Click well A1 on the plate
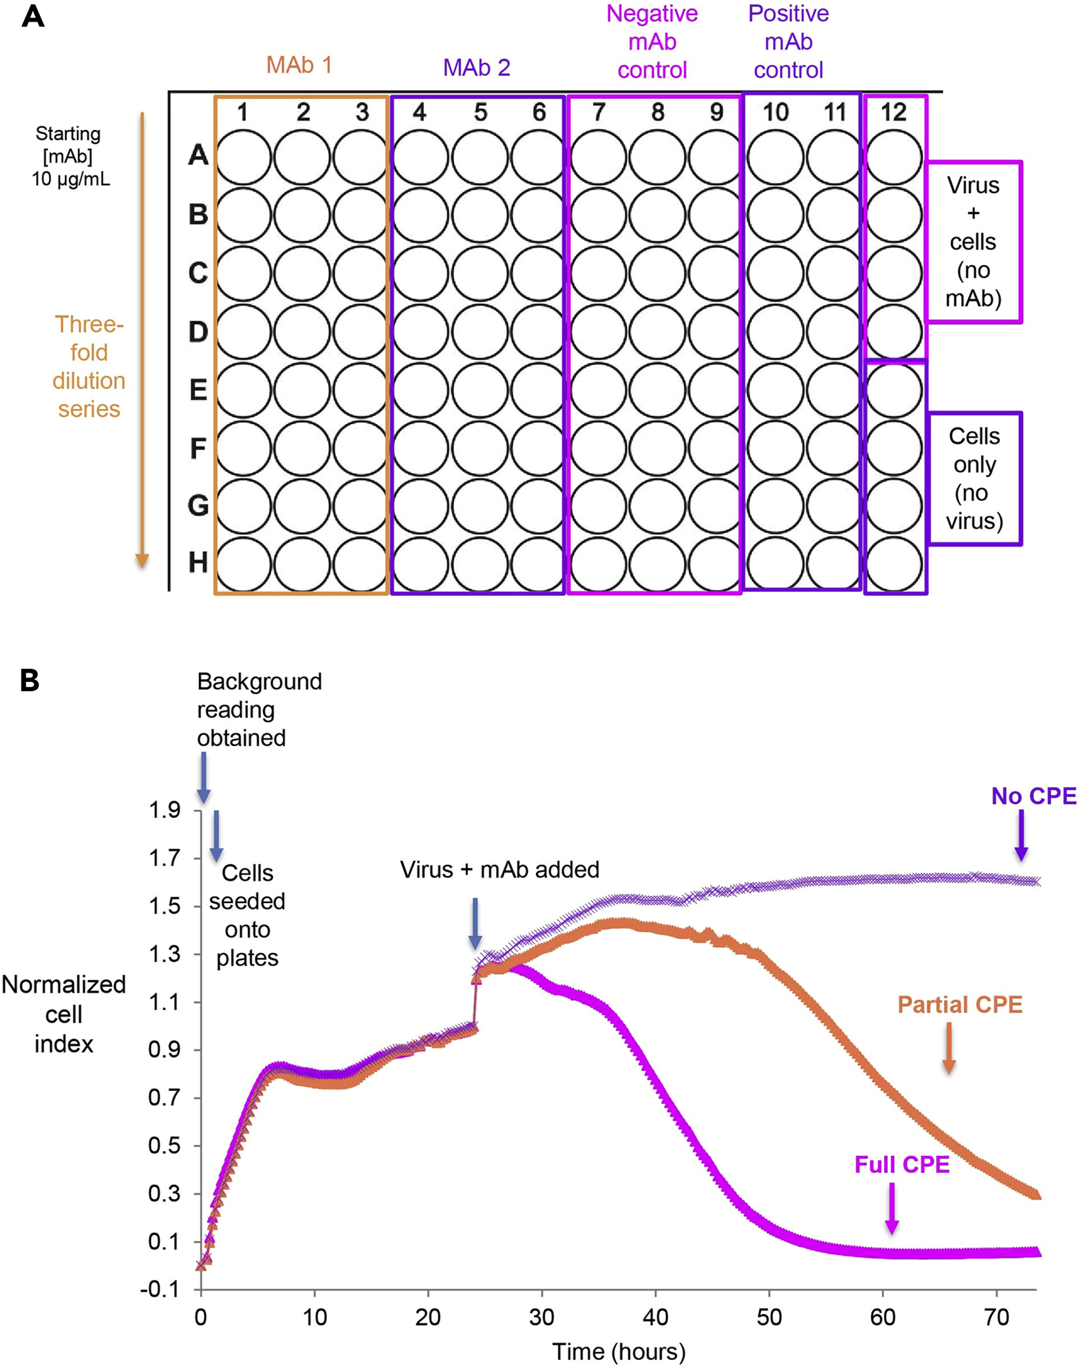tap(243, 158)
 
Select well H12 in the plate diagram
tap(894, 564)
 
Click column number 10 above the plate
tap(775, 112)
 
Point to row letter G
tap(198, 505)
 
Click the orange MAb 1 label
tap(299, 65)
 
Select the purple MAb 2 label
tap(476, 68)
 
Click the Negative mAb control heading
tap(652, 41)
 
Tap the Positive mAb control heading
tap(788, 41)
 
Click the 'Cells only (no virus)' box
tap(974, 478)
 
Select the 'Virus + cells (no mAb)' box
tap(973, 242)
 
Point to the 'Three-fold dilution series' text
tap(89, 366)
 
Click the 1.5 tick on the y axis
tap(164, 906)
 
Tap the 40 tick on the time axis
tap(655, 1317)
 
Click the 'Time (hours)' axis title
tap(618, 1351)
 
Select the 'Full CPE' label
tap(902, 1164)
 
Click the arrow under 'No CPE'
tap(1021, 835)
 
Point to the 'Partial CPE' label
tap(959, 1004)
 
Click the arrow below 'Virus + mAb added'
tap(475, 923)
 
